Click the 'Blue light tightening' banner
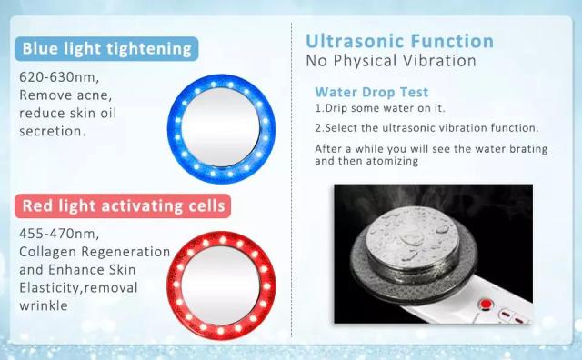(107, 48)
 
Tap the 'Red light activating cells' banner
(124, 206)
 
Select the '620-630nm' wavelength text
(54, 75)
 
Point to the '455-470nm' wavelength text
(54, 233)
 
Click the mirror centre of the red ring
(221, 282)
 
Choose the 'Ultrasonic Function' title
(399, 41)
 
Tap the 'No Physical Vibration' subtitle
(391, 62)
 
